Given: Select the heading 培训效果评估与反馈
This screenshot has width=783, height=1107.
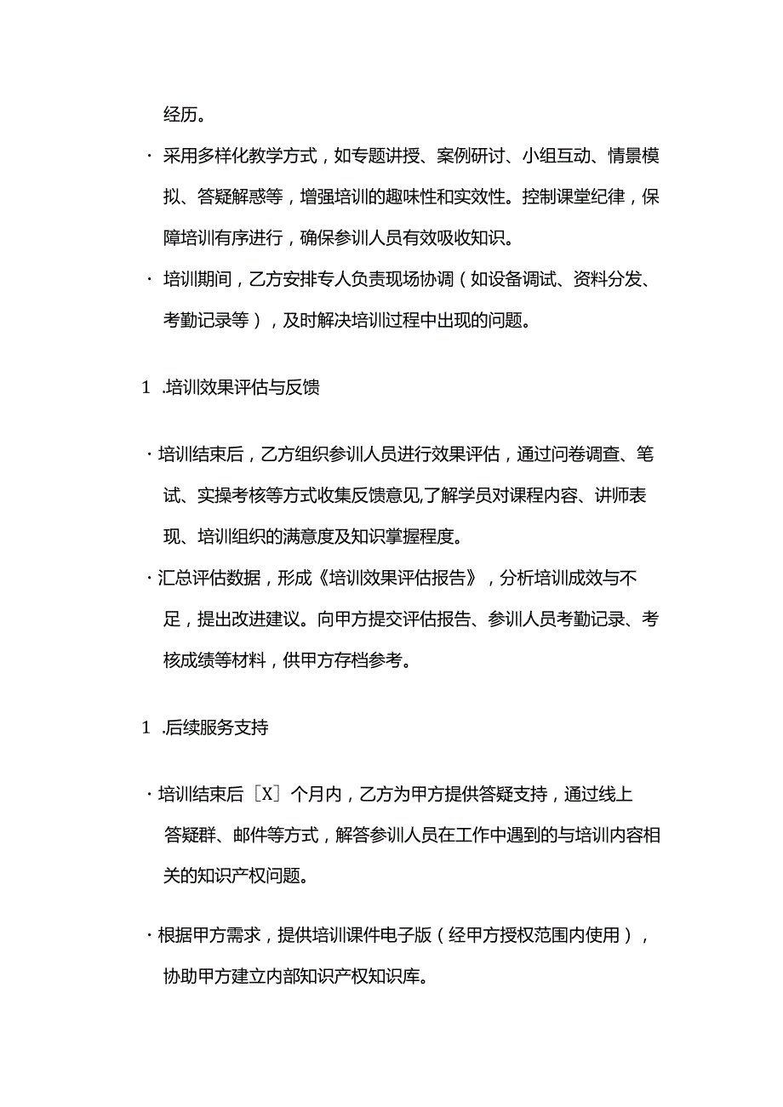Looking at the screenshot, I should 242,388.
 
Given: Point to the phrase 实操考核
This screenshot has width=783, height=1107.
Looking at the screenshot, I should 236,496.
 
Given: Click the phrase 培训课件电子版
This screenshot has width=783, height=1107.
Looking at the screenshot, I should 373,936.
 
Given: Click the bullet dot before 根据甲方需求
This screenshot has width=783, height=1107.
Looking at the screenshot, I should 149,937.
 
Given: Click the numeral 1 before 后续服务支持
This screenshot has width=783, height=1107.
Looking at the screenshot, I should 146,728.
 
